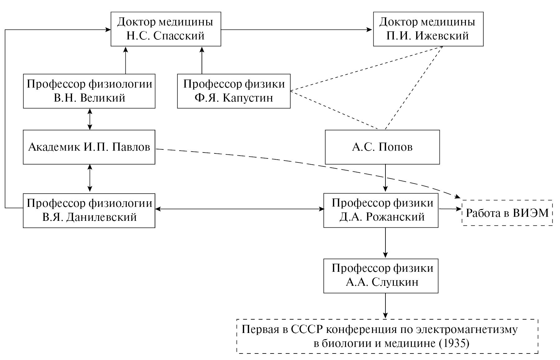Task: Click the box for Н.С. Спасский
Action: [x=166, y=29]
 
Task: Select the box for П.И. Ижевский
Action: [x=428, y=29]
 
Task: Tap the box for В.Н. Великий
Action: [x=89, y=91]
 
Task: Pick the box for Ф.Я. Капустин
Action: [x=234, y=91]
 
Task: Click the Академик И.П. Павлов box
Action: [x=89, y=147]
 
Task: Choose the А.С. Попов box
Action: [x=382, y=147]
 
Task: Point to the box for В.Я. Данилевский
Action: [x=89, y=211]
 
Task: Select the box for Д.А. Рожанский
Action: [x=381, y=210]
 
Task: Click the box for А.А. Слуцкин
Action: [x=381, y=276]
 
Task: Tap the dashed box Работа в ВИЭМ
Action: [x=507, y=213]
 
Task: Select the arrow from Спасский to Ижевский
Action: [x=297, y=30]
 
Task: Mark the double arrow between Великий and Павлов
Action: [x=90, y=119]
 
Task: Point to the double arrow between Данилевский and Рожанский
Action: [x=239, y=209]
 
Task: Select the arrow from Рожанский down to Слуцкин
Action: [x=385, y=243]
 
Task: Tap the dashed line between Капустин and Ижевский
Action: [x=367, y=69]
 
